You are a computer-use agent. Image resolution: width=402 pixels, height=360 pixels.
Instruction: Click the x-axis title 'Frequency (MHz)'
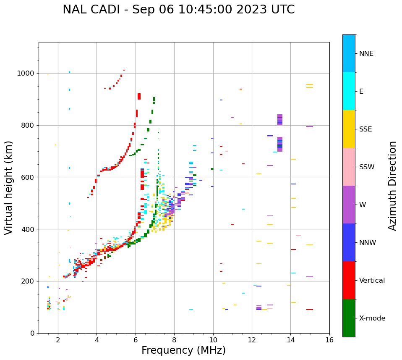click(x=183, y=350)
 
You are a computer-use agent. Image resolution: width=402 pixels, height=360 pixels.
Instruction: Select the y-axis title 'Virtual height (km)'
click(x=9, y=187)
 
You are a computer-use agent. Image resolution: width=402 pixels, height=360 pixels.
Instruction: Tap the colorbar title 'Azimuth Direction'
click(x=392, y=186)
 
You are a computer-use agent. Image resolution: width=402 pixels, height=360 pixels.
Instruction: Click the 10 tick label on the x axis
click(x=213, y=340)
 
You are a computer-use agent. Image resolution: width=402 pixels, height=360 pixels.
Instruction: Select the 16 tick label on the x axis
click(x=329, y=340)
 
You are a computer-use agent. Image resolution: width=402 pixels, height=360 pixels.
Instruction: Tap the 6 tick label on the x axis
click(x=136, y=340)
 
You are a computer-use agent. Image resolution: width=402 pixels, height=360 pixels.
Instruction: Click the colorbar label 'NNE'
click(x=366, y=54)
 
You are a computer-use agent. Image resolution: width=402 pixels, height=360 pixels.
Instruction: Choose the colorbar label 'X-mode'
click(x=372, y=318)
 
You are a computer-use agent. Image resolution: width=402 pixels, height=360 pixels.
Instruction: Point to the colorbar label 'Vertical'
click(x=372, y=281)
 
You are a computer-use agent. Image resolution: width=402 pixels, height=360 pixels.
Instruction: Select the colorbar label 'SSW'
click(x=367, y=167)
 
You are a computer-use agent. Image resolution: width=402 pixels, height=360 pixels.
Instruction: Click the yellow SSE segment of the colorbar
click(x=349, y=129)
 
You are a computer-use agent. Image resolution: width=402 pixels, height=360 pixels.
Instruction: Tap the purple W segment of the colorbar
click(x=349, y=205)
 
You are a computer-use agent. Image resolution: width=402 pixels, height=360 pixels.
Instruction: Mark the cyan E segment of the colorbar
click(x=349, y=91)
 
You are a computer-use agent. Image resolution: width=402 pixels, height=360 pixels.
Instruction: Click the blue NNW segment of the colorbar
click(x=349, y=242)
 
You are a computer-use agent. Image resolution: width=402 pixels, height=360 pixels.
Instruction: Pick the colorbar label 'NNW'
click(x=368, y=243)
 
